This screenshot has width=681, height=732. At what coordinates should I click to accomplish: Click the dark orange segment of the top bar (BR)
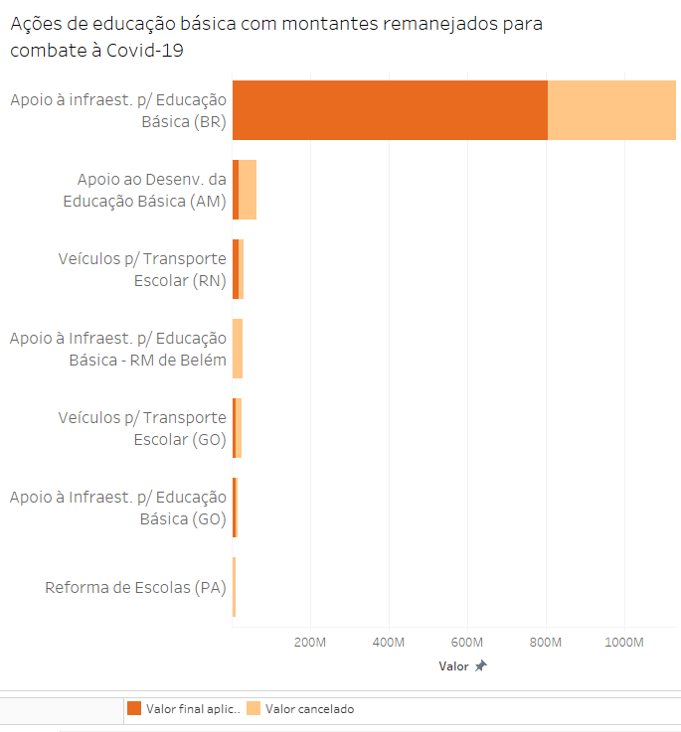[x=390, y=110]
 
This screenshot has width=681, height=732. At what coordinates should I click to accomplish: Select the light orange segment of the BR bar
[x=611, y=110]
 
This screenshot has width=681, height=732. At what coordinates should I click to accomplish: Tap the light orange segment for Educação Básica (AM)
[x=248, y=190]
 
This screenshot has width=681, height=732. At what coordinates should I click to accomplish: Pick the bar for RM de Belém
[x=238, y=349]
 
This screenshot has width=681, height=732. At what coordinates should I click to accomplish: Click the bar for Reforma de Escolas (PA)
[x=234, y=587]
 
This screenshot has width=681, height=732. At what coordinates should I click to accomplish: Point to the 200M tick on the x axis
[x=311, y=642]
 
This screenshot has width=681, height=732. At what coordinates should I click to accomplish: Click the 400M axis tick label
[x=389, y=642]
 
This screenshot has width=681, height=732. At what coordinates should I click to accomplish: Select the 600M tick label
[x=467, y=642]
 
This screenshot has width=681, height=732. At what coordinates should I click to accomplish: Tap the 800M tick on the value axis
[x=546, y=642]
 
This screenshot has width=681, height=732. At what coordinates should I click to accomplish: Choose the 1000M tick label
[x=624, y=642]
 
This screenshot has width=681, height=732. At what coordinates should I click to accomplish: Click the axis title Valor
[x=453, y=666]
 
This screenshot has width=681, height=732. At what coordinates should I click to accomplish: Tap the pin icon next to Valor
[x=481, y=666]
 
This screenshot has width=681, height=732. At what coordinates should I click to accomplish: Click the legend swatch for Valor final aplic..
[x=133, y=709]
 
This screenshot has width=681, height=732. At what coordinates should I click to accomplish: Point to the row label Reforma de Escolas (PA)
[x=135, y=587]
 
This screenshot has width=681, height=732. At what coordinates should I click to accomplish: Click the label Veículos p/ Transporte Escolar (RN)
[x=142, y=269]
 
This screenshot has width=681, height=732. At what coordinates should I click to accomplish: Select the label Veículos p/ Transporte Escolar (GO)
[x=142, y=428]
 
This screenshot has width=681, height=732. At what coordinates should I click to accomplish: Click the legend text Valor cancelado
[x=309, y=709]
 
